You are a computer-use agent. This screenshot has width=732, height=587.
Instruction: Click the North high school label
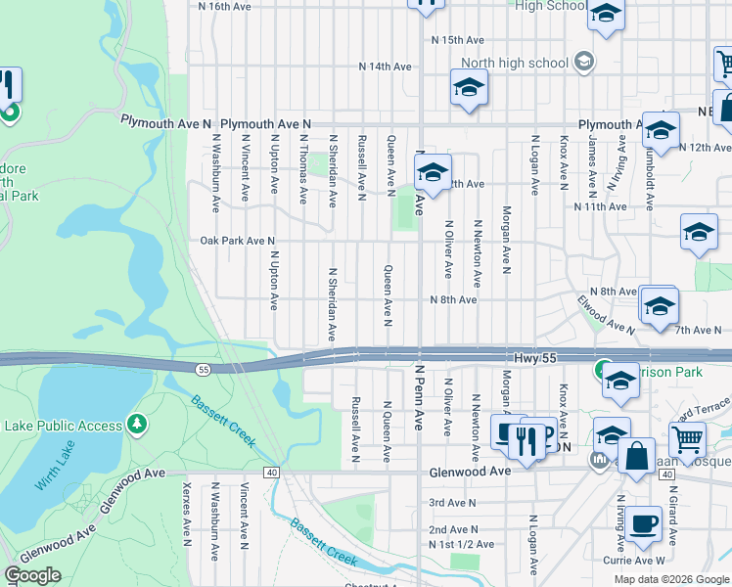pos(514,64)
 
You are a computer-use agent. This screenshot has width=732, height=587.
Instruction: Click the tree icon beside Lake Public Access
pos(138,425)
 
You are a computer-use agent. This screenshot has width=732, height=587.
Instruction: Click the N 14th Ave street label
pos(385,67)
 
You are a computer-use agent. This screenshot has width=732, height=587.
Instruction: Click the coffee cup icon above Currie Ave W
pos(644,523)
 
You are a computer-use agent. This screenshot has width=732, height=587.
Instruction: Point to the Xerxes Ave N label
pos(186,511)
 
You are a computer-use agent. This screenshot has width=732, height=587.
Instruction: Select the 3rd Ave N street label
pos(452,503)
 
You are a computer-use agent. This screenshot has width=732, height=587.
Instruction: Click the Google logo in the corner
pos(32,575)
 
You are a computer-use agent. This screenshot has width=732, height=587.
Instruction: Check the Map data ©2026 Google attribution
pos(671,579)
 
